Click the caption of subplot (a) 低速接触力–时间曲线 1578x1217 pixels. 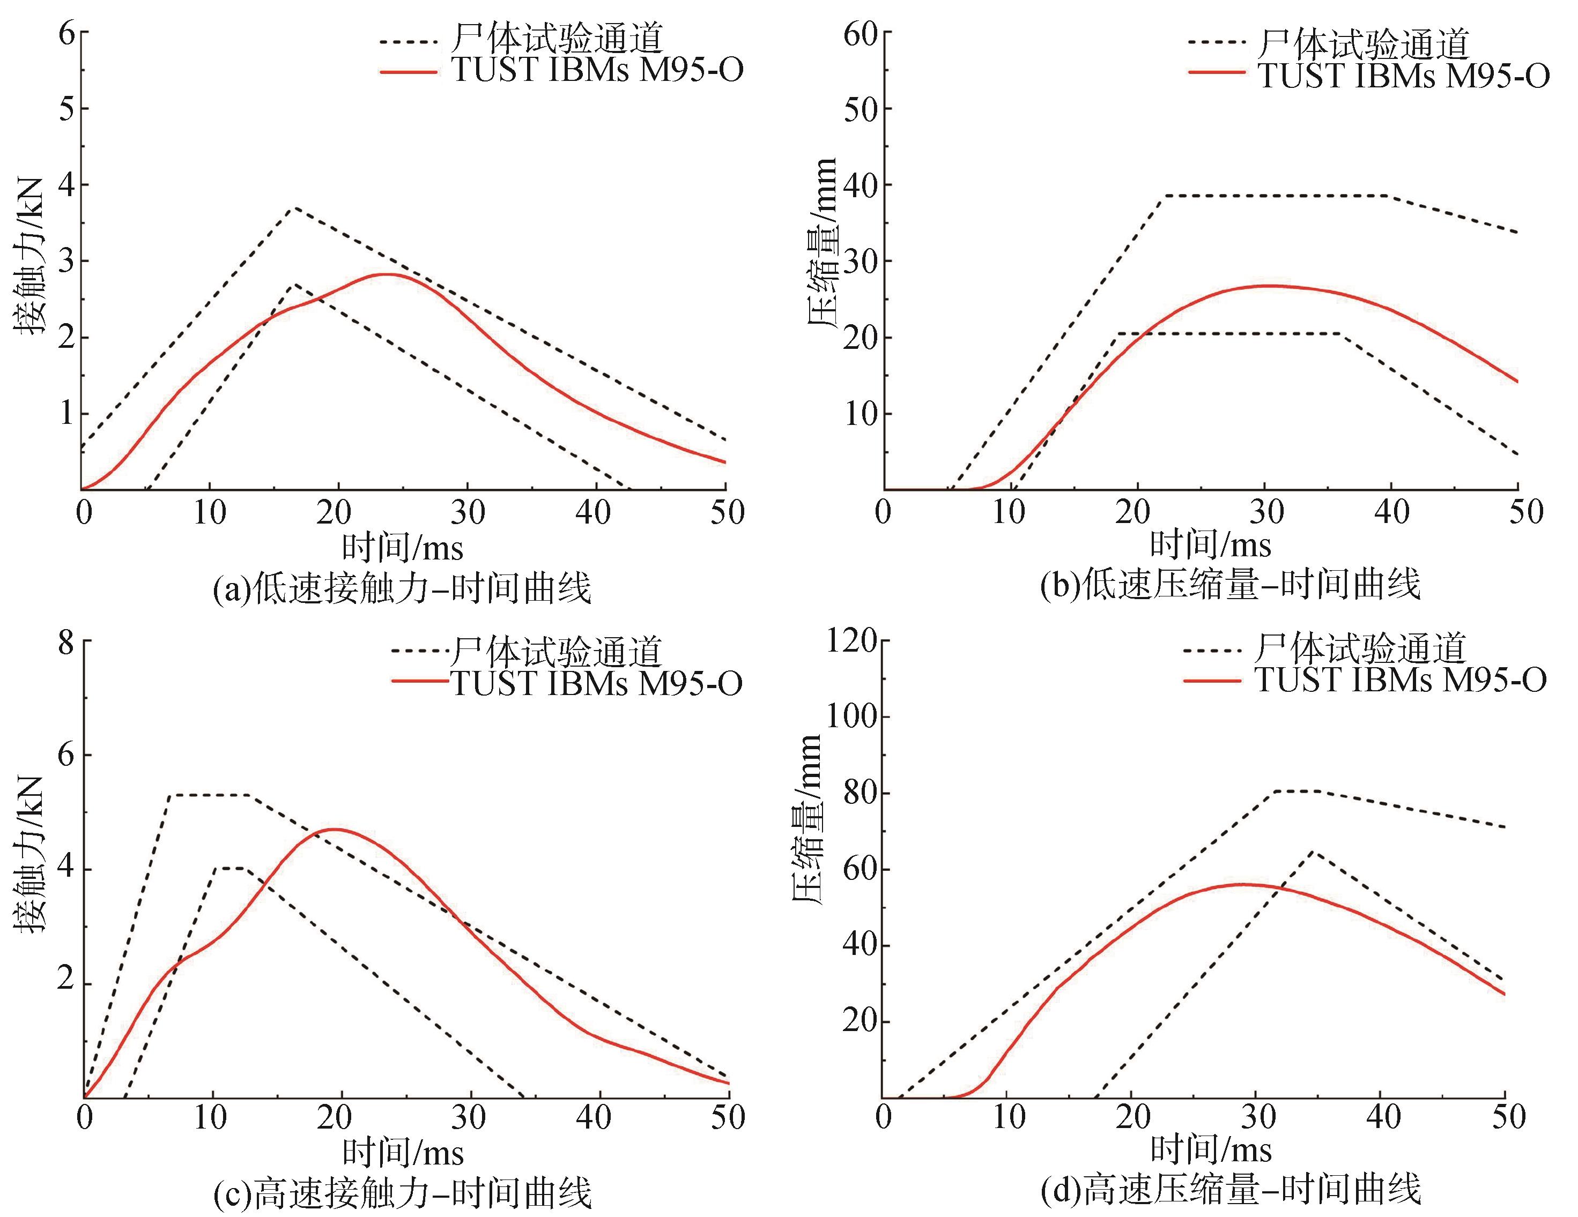(403, 587)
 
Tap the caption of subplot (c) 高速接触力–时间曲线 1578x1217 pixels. (403, 1192)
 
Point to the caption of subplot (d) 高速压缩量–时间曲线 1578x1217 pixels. (1229, 1190)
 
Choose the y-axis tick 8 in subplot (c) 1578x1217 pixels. (67, 642)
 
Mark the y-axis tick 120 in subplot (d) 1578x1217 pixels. (852, 640)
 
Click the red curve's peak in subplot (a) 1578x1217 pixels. (387, 274)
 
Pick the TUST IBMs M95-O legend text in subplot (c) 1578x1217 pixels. (597, 683)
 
